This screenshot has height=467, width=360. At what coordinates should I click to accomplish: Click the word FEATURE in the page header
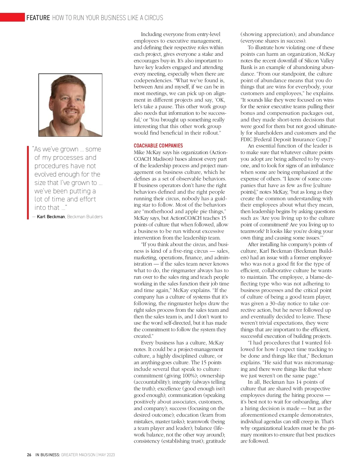(x=38, y=18)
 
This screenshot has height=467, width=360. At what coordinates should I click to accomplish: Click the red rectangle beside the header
(x=12, y=17)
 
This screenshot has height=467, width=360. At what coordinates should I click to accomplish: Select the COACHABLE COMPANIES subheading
(x=158, y=146)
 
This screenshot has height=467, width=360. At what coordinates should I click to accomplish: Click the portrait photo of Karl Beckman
(x=70, y=105)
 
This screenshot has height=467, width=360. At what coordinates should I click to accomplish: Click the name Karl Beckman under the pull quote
(x=51, y=217)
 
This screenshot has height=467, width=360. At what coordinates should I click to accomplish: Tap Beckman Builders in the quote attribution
(x=85, y=217)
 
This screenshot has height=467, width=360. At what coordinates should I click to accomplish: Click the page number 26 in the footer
(x=29, y=455)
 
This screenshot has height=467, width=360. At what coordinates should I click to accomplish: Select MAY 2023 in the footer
(x=106, y=455)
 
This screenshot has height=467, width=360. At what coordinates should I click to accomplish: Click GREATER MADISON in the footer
(x=78, y=455)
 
